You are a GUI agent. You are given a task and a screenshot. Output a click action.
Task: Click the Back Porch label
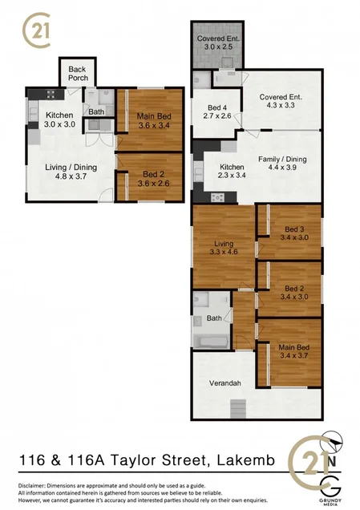(x=77, y=74)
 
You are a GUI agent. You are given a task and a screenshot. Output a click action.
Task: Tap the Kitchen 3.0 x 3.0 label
(x=59, y=119)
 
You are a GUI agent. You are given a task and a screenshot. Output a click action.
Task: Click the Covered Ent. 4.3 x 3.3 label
(x=281, y=102)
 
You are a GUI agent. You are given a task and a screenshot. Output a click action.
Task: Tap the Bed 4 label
(x=217, y=111)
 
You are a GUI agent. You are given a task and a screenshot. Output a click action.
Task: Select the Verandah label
(x=225, y=383)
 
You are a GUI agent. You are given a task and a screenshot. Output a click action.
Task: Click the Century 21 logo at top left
(x=36, y=31)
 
